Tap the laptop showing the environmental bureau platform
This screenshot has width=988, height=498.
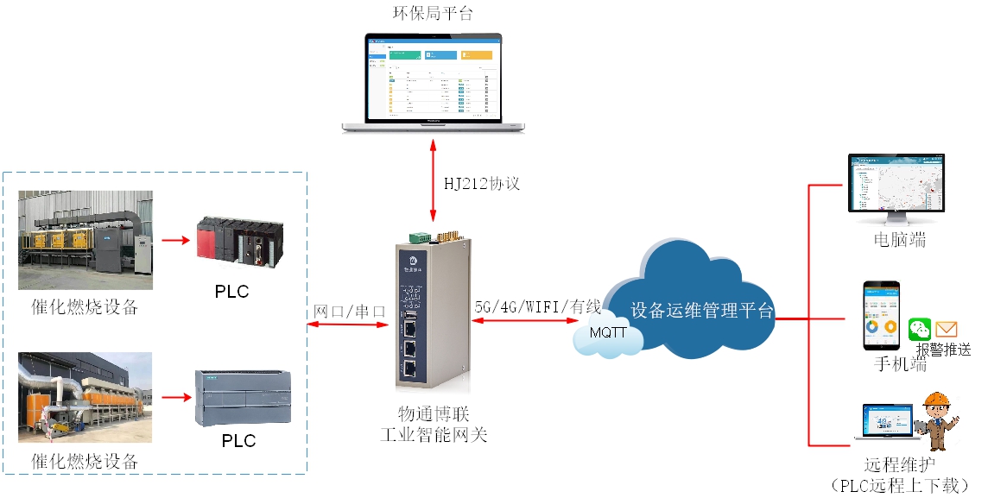433,83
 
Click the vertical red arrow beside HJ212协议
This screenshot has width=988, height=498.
433,184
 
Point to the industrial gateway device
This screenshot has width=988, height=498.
432,311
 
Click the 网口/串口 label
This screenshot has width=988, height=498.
350,310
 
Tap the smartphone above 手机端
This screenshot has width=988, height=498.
881,315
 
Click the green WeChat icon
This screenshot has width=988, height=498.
921,329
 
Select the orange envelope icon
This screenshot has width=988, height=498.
947,329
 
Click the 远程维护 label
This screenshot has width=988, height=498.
893,464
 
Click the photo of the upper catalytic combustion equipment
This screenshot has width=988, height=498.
85,240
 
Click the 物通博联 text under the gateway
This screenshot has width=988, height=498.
433,415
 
